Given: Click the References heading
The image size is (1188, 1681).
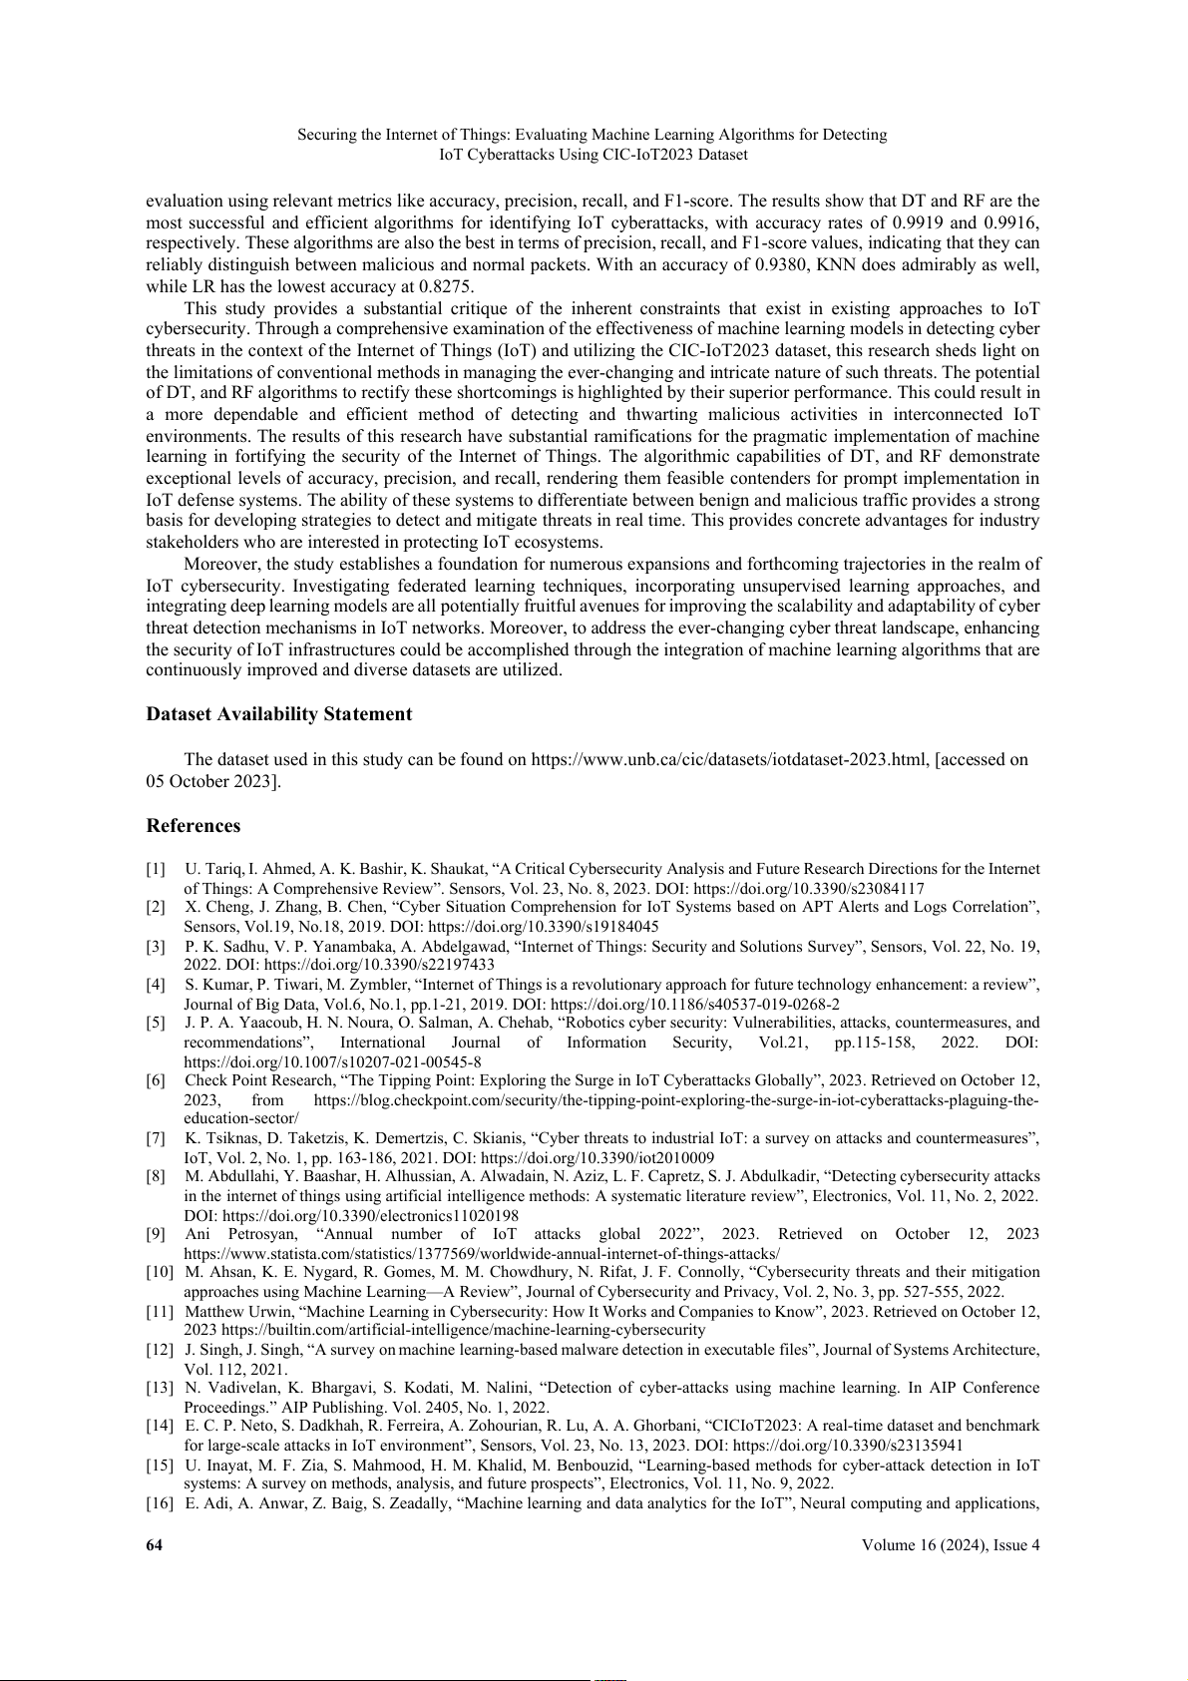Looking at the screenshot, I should tap(194, 826).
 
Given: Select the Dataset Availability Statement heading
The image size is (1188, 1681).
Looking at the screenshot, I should tap(278, 714).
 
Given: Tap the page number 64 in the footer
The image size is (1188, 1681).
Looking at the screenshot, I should tap(155, 1545).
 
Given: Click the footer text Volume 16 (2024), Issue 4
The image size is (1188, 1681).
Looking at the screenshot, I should tap(952, 1545).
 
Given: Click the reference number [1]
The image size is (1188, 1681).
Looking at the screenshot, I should tap(156, 869).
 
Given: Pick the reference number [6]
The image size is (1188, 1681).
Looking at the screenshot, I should tap(156, 1080).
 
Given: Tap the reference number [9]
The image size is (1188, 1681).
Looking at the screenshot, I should tap(156, 1234).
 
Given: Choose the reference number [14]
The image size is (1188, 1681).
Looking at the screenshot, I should tap(160, 1426).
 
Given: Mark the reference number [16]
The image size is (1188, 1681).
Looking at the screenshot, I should tap(160, 1503).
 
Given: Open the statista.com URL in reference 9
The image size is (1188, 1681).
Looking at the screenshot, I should tap(483, 1253).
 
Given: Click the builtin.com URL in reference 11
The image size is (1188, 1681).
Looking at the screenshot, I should tap(464, 1330).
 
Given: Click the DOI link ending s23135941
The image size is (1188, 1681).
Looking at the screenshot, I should tap(848, 1445).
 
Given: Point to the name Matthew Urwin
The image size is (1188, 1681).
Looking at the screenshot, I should tap(236, 1311).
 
